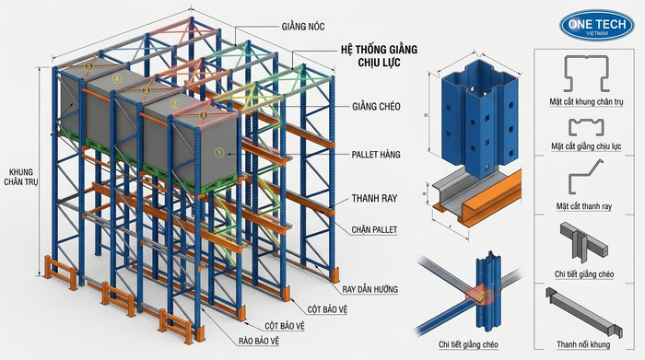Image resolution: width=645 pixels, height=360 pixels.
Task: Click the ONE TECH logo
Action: [597, 25]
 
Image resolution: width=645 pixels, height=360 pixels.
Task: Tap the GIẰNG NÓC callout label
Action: [303, 27]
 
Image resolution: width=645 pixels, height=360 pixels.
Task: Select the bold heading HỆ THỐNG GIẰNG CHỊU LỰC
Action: [379, 56]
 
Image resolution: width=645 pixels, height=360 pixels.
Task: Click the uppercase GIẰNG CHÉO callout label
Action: [376, 107]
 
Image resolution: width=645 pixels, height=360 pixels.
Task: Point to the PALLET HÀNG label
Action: [376, 155]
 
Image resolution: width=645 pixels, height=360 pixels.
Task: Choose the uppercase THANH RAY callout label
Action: [374, 199]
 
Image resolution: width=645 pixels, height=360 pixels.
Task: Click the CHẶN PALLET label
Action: [374, 230]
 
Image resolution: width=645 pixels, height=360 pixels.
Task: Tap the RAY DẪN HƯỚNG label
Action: [369, 289]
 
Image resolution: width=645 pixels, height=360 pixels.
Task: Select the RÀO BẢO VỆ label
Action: [259, 341]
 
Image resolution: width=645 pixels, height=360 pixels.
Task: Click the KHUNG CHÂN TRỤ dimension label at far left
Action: [21, 177]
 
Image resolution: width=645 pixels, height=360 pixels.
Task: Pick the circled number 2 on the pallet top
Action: [174, 103]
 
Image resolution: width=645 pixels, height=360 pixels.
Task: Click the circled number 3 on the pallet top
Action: [146, 90]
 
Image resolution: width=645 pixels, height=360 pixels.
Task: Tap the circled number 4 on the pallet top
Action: [117, 78]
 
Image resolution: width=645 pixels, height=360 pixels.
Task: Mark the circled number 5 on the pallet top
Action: [88, 65]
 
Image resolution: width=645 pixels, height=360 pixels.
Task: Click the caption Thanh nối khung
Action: [583, 344]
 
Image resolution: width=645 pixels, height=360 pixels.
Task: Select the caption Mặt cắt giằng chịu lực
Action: [586, 146]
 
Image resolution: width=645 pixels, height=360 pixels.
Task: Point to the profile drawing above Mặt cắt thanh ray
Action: [585, 176]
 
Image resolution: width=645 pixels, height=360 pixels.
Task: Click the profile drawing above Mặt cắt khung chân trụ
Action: [586, 74]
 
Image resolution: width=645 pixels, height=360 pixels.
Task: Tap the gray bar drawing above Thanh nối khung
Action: [583, 312]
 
